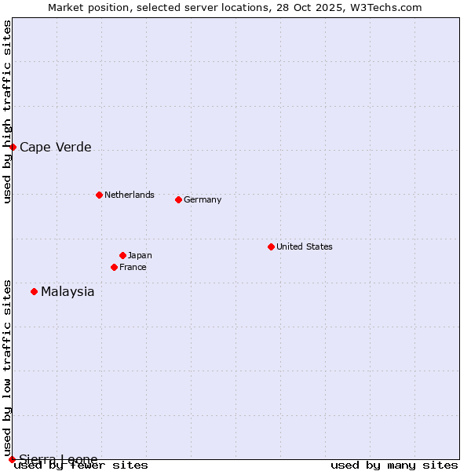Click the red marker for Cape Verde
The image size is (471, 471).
13,147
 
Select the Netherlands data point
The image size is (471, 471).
99,195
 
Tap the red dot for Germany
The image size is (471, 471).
178,199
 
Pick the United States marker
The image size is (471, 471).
271,246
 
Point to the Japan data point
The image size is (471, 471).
122,255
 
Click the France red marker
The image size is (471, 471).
114,267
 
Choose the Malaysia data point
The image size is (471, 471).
34,291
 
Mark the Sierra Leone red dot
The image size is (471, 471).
12,459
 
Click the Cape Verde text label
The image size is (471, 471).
56,147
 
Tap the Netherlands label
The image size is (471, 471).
130,195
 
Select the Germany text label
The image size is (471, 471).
203,199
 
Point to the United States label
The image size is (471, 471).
305,246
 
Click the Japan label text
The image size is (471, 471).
140,255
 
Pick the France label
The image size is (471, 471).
133,267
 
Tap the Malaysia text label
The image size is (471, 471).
68,292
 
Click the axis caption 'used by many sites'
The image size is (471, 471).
394,465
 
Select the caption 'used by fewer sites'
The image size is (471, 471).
82,465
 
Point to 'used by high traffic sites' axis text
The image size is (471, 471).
8,111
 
